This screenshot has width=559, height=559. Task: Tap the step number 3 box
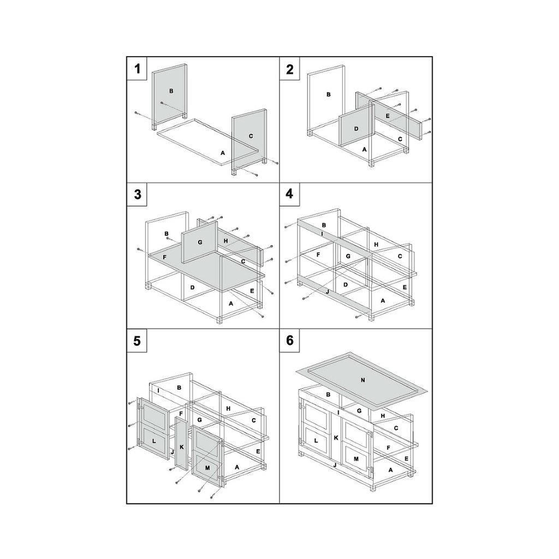tap(137, 194)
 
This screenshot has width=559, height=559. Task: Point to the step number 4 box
tap(289, 194)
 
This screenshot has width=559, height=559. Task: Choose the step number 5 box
tap(137, 341)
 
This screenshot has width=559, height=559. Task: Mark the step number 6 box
tap(289, 341)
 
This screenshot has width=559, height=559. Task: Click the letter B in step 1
tap(171, 91)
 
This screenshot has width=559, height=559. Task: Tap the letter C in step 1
tap(251, 136)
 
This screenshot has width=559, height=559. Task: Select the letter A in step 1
tap(223, 153)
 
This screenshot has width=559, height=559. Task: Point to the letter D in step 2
tap(356, 129)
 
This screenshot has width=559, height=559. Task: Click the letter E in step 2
tap(388, 116)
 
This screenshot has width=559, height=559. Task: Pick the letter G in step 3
tap(200, 242)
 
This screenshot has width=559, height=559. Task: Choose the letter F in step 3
tap(164, 257)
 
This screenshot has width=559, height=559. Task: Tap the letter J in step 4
tap(327, 292)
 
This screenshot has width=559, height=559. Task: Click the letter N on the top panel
tap(362, 380)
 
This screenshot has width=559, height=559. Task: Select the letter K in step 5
tap(181, 447)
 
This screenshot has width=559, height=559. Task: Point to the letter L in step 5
tap(154, 441)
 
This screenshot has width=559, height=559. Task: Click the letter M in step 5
tap(207, 467)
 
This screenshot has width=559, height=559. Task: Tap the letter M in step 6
tap(356, 459)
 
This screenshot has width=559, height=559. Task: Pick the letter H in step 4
tap(376, 245)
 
